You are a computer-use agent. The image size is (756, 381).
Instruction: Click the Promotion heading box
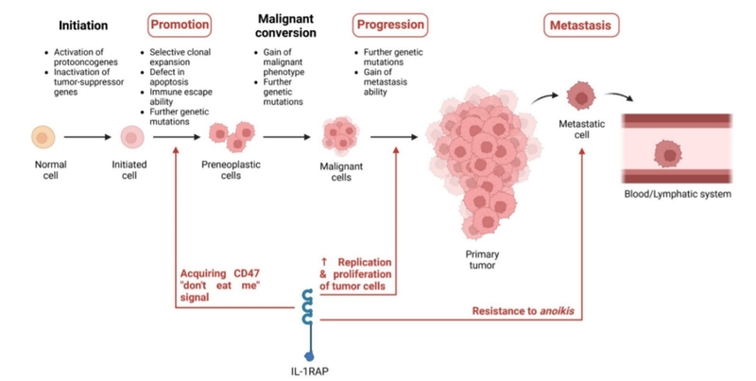point(178,24)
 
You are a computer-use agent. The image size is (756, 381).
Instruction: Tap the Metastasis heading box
point(580,24)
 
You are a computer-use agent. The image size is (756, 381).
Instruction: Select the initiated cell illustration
point(132,138)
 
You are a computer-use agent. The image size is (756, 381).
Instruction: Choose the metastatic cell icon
point(578,95)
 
